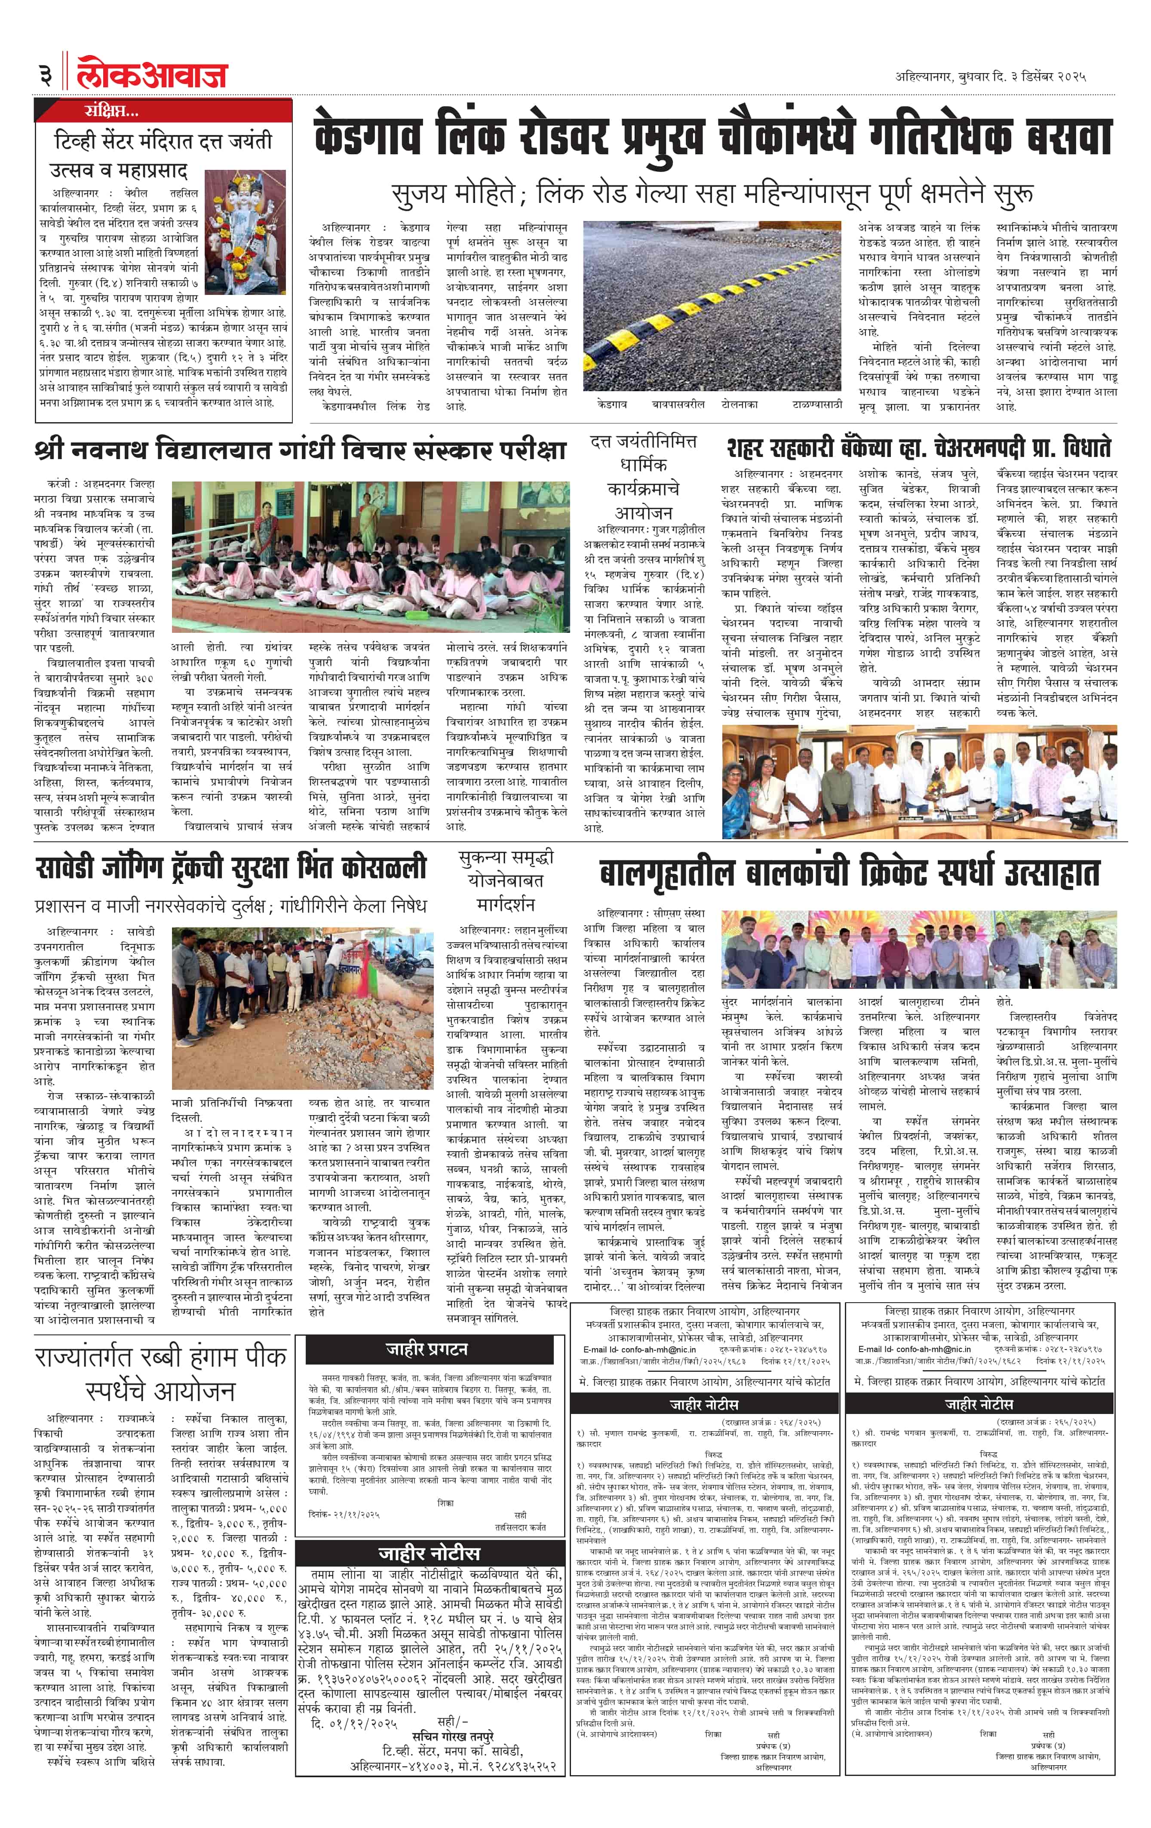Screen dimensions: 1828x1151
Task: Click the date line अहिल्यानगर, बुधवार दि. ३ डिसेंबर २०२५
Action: (990, 77)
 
